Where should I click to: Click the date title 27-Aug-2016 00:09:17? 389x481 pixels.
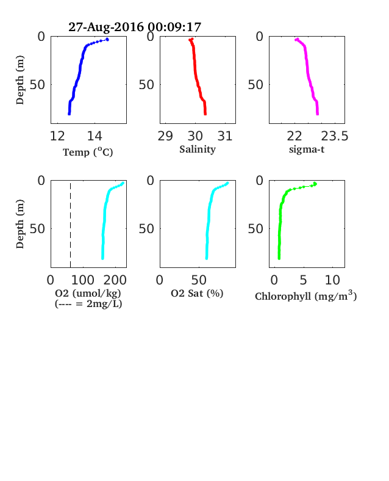click(x=135, y=27)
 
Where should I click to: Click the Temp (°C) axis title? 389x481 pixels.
click(x=88, y=152)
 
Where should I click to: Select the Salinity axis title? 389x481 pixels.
click(x=198, y=150)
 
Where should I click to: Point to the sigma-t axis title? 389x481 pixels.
click(x=307, y=150)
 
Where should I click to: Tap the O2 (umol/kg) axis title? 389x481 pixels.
click(x=88, y=293)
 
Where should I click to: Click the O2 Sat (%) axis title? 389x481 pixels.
click(x=197, y=293)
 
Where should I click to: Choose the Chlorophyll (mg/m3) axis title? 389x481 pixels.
click(x=305, y=295)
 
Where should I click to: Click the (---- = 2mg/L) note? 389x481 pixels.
click(x=88, y=304)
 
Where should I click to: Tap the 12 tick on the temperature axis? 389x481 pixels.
click(x=57, y=136)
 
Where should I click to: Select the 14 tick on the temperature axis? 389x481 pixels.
click(x=95, y=136)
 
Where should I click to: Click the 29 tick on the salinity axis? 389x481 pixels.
click(x=165, y=136)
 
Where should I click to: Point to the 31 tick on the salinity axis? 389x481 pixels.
click(x=225, y=136)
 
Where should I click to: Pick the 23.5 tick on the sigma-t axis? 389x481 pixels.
click(x=335, y=136)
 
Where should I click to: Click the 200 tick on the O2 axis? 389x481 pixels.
click(x=115, y=280)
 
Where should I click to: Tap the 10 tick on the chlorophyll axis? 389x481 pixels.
click(x=332, y=280)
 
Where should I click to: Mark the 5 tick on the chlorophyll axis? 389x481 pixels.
click(x=303, y=280)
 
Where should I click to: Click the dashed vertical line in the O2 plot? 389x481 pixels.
click(x=71, y=225)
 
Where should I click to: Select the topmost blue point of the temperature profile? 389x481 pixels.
click(x=107, y=39)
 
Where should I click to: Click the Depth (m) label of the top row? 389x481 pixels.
click(x=20, y=80)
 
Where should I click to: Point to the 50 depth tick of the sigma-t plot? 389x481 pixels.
click(x=255, y=84)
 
